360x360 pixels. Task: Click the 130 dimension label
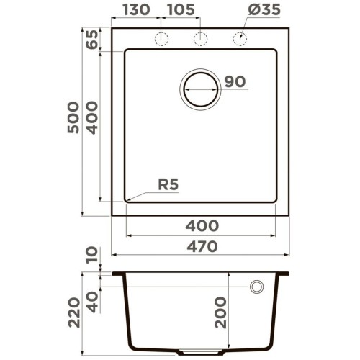tap(136, 9)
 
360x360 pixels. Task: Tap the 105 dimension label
tap(181, 9)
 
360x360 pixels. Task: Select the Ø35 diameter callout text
tap(264, 9)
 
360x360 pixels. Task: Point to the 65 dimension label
tap(92, 40)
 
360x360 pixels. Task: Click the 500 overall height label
tap(73, 117)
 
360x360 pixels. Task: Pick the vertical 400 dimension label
tap(92, 117)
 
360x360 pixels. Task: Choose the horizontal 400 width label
tap(202, 226)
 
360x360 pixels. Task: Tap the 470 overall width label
tap(202, 247)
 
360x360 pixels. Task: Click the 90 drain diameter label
tap(235, 81)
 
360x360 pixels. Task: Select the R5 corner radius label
tap(168, 185)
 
